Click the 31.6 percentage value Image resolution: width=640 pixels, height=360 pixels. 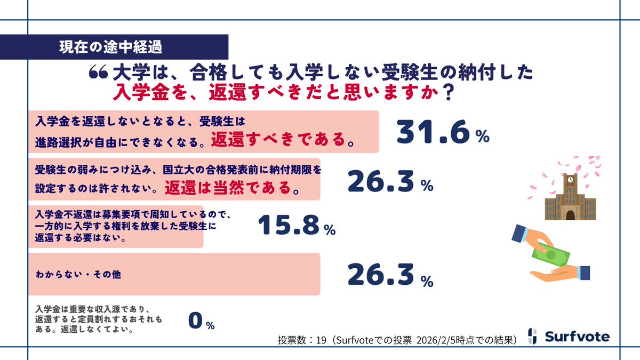443,133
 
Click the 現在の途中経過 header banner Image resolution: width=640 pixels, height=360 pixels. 110,46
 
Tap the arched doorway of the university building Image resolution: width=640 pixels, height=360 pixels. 570,214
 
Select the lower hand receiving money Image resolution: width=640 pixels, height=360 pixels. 560,274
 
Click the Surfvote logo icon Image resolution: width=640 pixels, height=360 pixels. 531,336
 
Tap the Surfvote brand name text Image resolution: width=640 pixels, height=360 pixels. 577,337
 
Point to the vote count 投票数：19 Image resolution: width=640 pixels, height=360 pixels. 299,340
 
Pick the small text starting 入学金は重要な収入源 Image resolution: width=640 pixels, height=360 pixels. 99,318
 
